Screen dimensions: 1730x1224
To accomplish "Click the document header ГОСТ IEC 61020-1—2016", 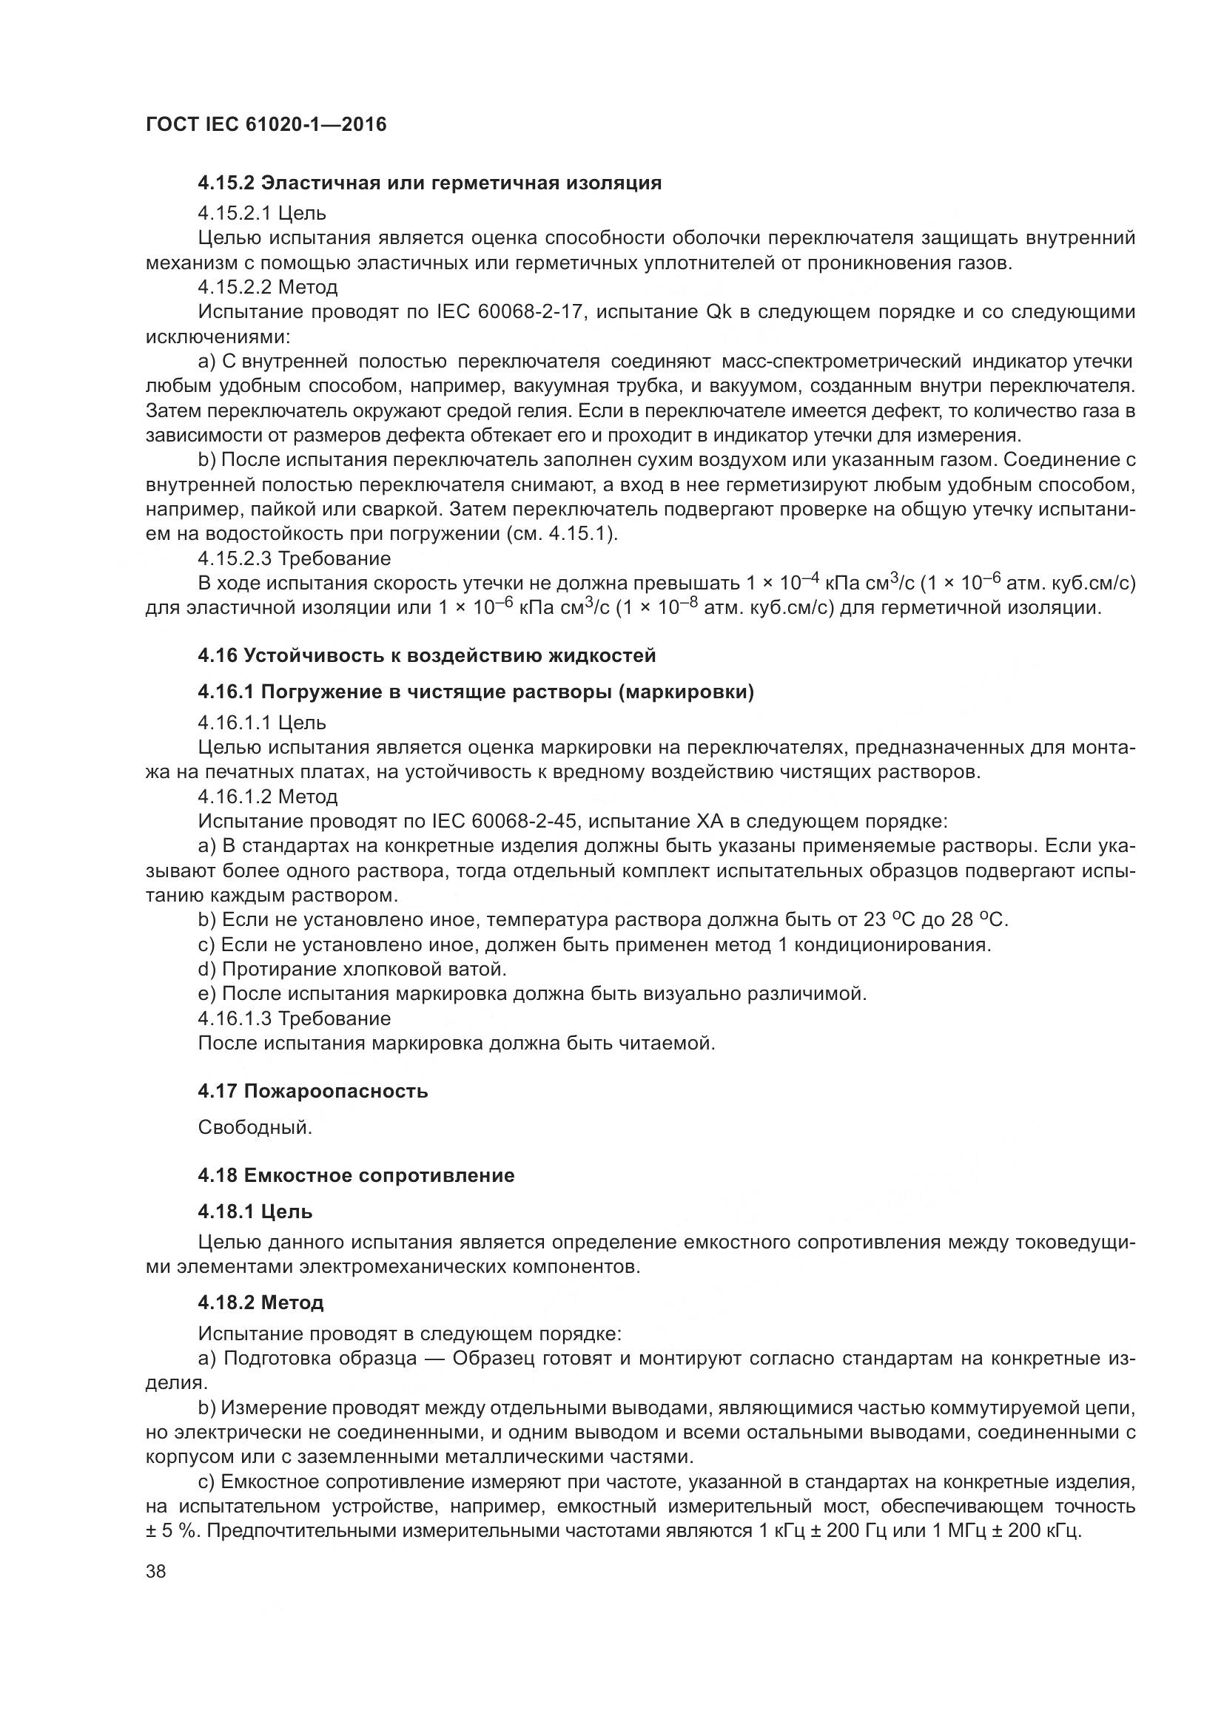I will [266, 125].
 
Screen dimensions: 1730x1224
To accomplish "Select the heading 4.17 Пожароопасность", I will [313, 1091].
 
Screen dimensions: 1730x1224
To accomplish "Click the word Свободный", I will [255, 1128].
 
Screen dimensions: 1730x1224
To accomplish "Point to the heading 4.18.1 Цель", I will [255, 1212].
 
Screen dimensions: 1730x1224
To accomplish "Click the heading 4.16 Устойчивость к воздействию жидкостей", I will [426, 655].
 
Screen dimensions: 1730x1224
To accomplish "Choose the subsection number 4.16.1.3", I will [235, 1018].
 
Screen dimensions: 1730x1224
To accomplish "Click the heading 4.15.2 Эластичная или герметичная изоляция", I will [430, 183].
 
